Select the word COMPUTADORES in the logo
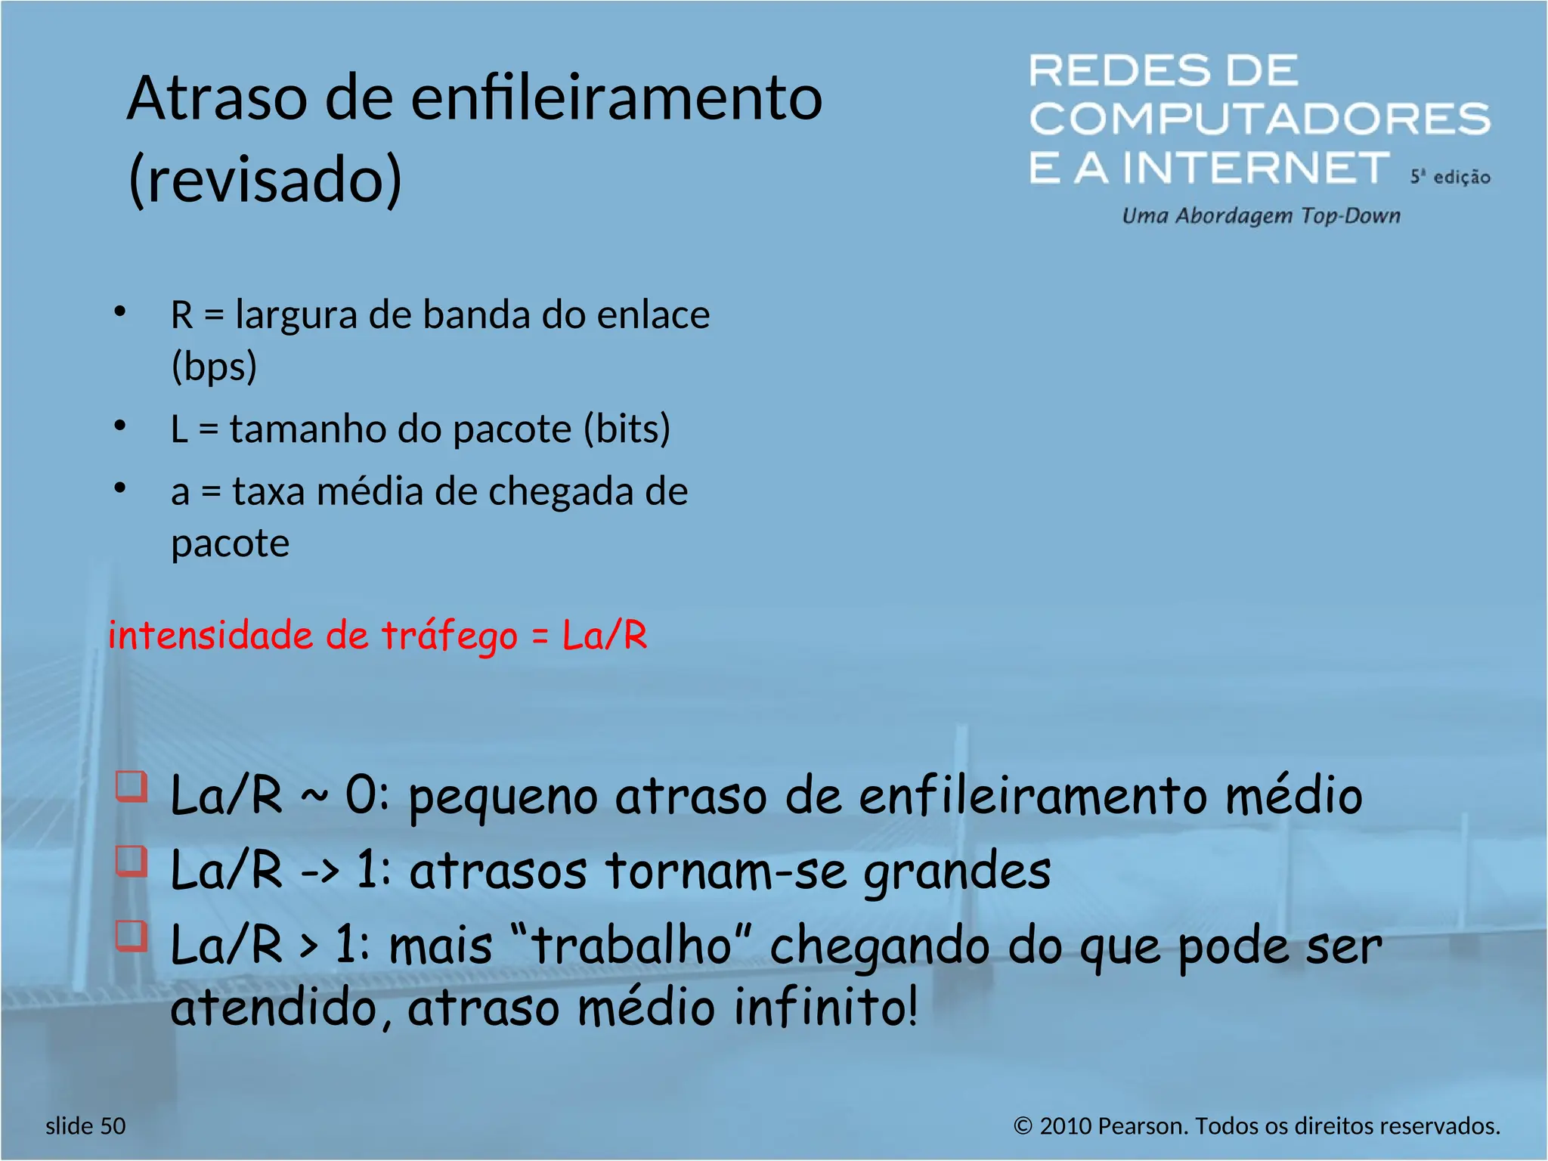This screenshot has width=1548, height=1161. [1259, 119]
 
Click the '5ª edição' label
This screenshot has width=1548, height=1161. [1450, 177]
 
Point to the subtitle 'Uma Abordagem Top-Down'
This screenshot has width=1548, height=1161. [1261, 216]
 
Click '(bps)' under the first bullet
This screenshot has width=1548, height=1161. [214, 367]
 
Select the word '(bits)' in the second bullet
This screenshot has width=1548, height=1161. [627, 429]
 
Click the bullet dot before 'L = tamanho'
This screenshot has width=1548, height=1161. [119, 426]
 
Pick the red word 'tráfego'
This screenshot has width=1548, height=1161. [449, 635]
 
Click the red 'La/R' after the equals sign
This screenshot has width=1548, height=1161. [605, 635]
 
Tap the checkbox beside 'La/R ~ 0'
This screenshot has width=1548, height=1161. [132, 786]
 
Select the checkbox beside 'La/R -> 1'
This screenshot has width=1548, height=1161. [132, 861]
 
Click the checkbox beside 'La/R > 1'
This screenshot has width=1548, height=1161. [132, 936]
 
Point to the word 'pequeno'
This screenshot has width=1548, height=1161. [503, 798]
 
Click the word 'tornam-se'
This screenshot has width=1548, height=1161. [726, 871]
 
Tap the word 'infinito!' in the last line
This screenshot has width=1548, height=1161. [825, 1008]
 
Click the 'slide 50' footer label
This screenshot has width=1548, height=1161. [85, 1126]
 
